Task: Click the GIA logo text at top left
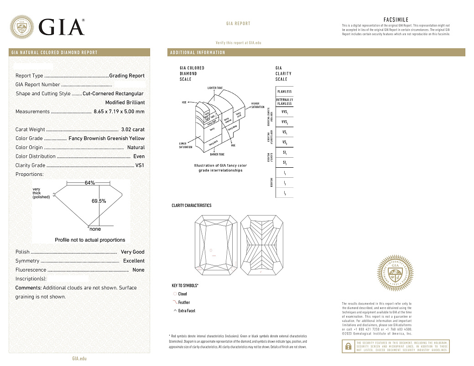pyautogui.click(x=62, y=27)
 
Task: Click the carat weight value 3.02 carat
pyautogui.click(x=133, y=129)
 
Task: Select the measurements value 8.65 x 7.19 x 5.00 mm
pyautogui.click(x=119, y=112)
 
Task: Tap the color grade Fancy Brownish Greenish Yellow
pyautogui.click(x=106, y=139)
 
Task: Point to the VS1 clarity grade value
pyautogui.click(x=140, y=165)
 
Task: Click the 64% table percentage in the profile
pyautogui.click(x=89, y=183)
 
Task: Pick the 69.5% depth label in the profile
pyautogui.click(x=99, y=201)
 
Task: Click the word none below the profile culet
pyautogui.click(x=95, y=229)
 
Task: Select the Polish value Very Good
pyautogui.click(x=132, y=252)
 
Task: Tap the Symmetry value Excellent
pyautogui.click(x=134, y=261)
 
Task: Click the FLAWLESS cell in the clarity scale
pyautogui.click(x=284, y=92)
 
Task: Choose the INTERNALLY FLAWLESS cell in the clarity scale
pyautogui.click(x=284, y=102)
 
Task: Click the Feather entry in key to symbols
pyautogui.click(x=184, y=303)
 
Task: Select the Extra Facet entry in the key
pyautogui.click(x=187, y=311)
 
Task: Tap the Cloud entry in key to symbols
pyautogui.click(x=182, y=294)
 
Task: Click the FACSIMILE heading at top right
pyautogui.click(x=396, y=20)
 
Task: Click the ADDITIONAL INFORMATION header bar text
pyautogui.click(x=198, y=52)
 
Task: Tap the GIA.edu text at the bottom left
pyautogui.click(x=79, y=359)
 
